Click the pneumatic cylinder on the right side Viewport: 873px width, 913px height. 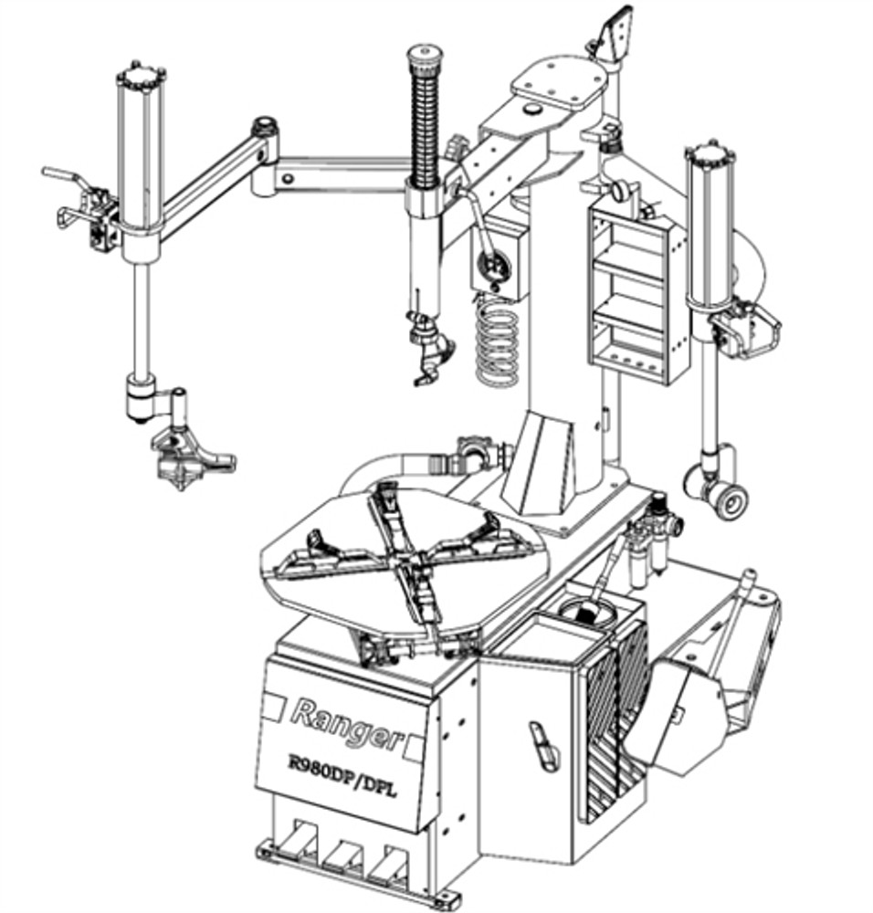coord(710,228)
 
